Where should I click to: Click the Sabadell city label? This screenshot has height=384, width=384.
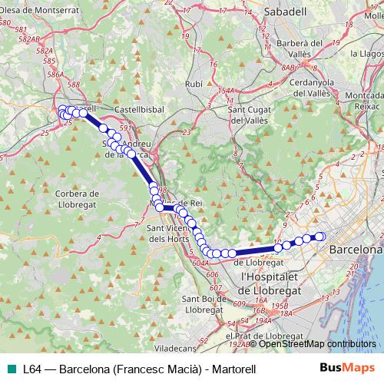262,13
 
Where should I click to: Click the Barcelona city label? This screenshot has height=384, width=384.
356,250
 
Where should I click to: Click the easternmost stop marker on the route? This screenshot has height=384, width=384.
321,237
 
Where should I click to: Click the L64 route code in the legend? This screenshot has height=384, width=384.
31,369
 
